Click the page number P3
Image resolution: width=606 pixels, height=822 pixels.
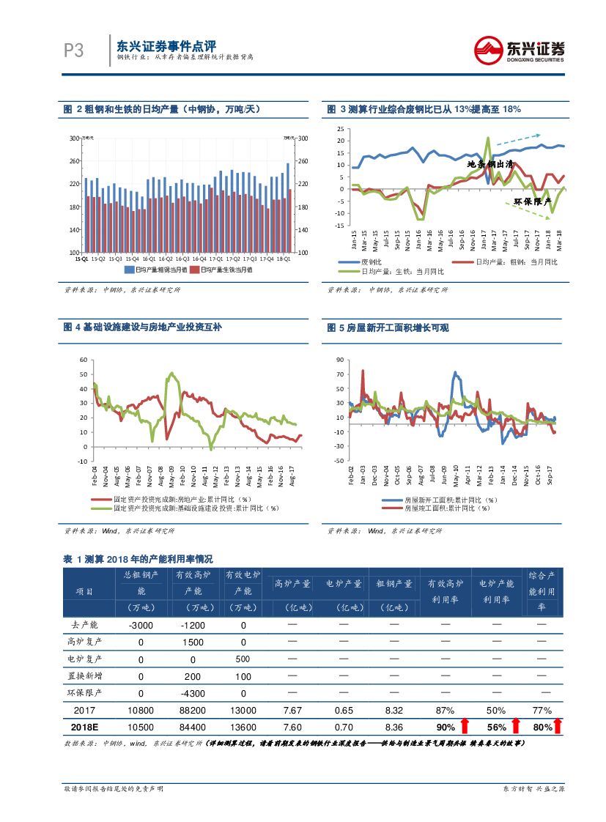(73, 51)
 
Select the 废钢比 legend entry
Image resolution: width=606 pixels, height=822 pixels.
(365, 262)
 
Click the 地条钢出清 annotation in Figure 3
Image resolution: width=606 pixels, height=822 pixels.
(490, 164)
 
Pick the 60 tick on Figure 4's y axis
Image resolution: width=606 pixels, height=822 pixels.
(83, 360)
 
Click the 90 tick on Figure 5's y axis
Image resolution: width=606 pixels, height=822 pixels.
(339, 360)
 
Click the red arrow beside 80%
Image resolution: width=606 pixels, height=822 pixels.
(558, 726)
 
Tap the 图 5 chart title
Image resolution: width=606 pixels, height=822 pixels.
(388, 328)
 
